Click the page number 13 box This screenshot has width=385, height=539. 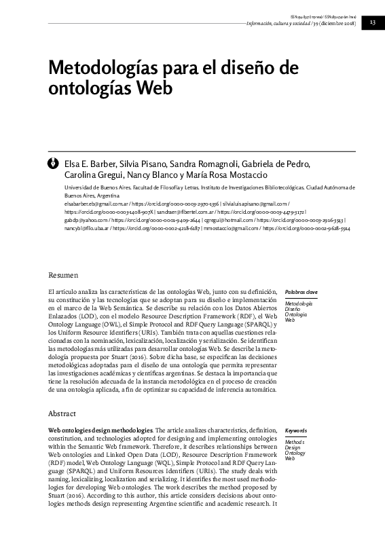click(373, 22)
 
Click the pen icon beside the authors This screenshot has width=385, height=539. click(52, 163)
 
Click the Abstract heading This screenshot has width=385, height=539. click(62, 413)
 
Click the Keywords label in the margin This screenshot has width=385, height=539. click(297, 430)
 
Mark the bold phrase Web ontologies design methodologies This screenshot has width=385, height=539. click(100, 430)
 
